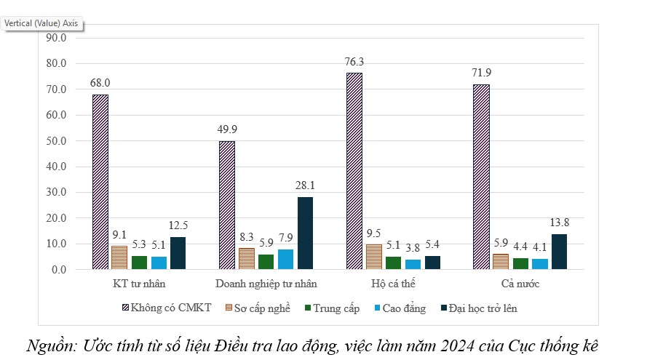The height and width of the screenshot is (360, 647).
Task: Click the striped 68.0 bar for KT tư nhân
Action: click(100, 182)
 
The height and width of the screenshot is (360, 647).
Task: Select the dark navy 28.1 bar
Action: click(306, 233)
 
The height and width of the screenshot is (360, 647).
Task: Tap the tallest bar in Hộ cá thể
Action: click(354, 171)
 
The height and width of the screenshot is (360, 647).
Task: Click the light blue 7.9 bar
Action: click(285, 259)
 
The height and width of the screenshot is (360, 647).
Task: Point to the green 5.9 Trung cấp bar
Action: click(266, 262)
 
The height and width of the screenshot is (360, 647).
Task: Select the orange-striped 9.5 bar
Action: click(373, 257)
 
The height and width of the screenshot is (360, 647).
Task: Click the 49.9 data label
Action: click(227, 129)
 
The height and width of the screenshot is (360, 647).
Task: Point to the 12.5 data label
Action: click(179, 225)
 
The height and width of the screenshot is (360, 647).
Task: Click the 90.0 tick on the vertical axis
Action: click(56, 38)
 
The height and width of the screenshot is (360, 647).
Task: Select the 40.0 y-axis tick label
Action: click(56, 167)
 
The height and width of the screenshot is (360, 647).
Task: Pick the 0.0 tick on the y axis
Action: click(59, 270)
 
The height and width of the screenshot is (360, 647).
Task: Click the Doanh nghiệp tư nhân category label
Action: click(266, 282)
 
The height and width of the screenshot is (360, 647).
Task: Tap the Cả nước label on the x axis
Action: click(520, 282)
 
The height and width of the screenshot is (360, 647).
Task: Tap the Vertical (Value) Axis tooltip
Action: click(41, 23)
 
